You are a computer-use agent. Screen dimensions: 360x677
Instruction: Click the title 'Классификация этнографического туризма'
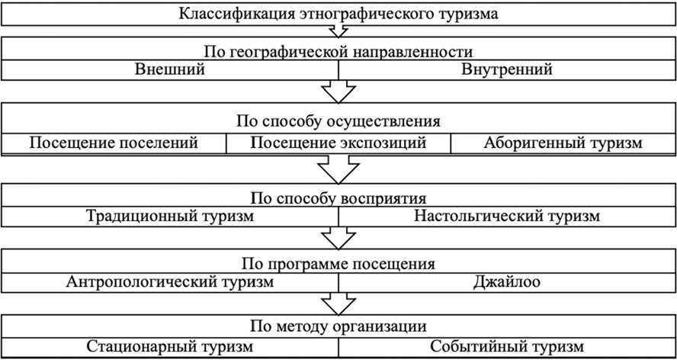(338, 14)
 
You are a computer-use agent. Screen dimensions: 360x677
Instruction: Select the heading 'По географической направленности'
(338, 52)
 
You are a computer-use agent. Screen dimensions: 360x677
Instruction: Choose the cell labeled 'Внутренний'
(507, 69)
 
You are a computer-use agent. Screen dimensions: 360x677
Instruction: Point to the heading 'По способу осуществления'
(338, 121)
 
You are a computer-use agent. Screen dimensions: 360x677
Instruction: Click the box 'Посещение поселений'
(114, 143)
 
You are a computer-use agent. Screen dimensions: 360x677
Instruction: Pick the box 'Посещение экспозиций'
(338, 143)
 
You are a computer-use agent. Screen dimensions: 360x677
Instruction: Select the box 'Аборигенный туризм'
(563, 143)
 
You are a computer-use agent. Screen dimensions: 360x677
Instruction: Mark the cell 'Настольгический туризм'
(507, 216)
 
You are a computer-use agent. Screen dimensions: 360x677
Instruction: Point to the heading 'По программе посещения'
(338, 264)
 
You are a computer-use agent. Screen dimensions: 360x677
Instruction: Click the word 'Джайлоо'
(507, 282)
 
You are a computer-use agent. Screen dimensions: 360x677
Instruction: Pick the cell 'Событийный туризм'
(507, 347)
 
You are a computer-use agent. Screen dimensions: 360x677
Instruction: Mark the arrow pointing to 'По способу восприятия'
(338, 166)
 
